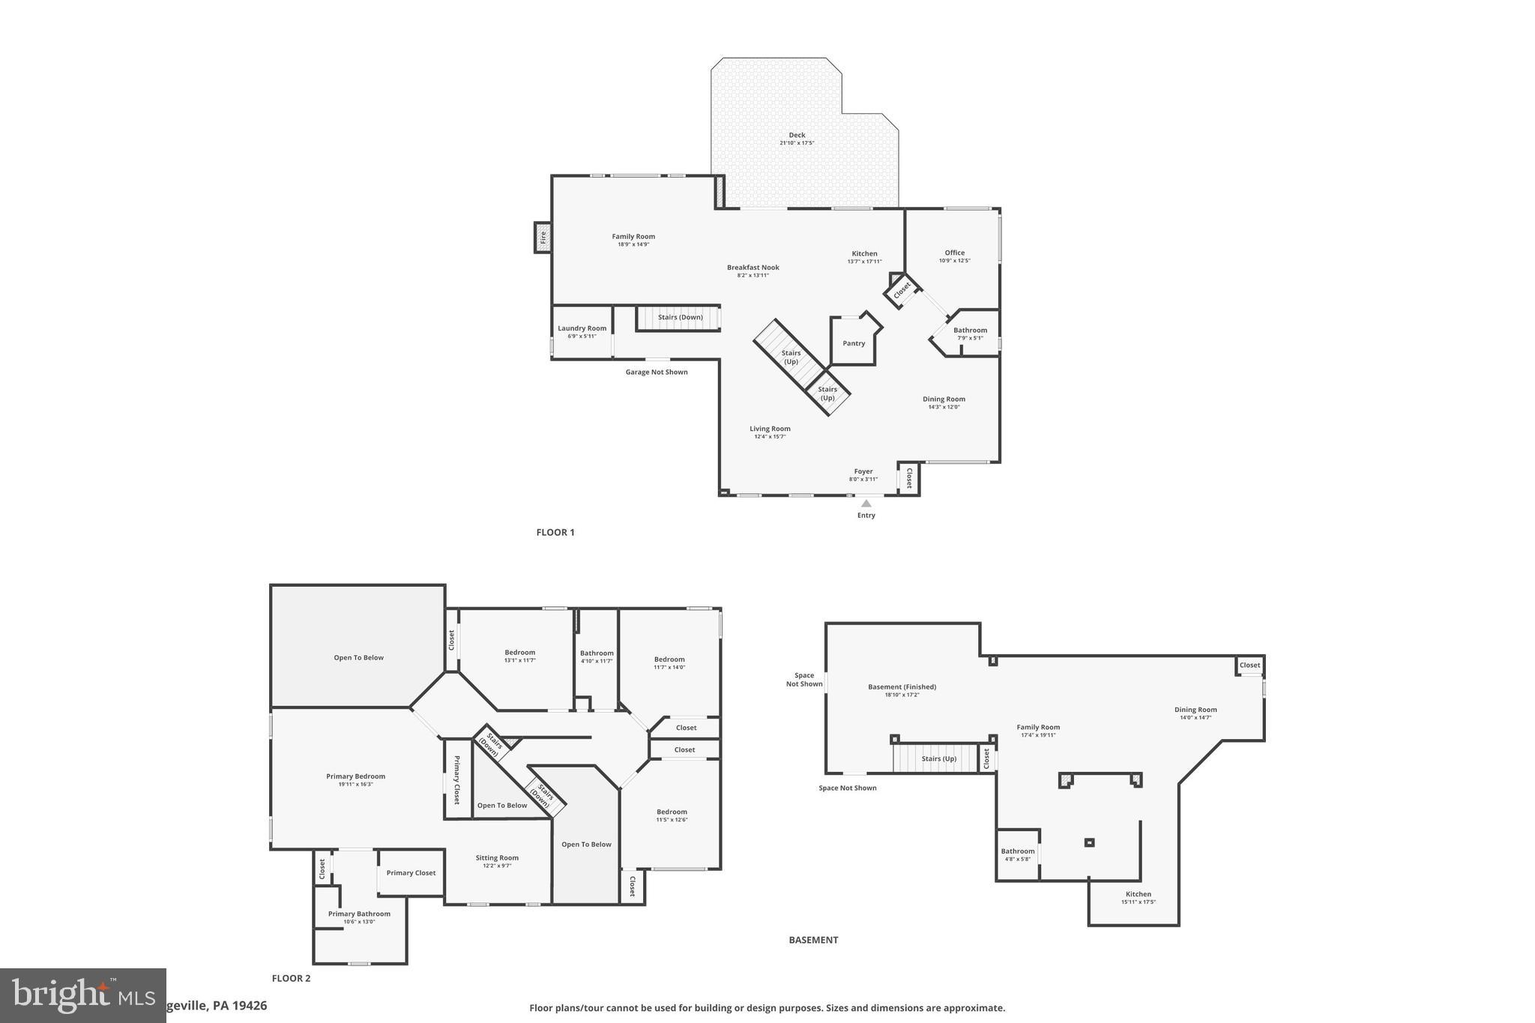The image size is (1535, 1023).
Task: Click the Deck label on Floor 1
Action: (796, 136)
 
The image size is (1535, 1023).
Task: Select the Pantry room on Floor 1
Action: (853, 343)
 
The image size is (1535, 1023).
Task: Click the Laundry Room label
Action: (582, 328)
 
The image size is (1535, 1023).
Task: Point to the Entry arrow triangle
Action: (866, 504)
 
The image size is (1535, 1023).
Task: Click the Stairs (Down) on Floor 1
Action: (679, 317)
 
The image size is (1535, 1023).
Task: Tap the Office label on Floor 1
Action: (954, 253)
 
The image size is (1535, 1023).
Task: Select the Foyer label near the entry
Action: (863, 471)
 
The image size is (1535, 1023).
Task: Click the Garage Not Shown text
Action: (656, 372)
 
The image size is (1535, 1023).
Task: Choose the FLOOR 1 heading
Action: (555, 532)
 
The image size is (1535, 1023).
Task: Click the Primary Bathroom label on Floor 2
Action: (359, 914)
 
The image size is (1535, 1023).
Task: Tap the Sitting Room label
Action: (496, 858)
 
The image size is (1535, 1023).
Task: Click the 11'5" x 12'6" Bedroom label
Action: (672, 812)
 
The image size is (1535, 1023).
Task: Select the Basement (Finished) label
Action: (902, 686)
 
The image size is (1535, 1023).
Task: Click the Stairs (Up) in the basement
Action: (938, 758)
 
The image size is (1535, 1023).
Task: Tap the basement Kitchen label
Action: (1138, 894)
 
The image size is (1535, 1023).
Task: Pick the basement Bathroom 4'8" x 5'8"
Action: (1017, 851)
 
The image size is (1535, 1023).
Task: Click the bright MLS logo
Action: (82, 995)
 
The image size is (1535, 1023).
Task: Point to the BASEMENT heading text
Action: (813, 940)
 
